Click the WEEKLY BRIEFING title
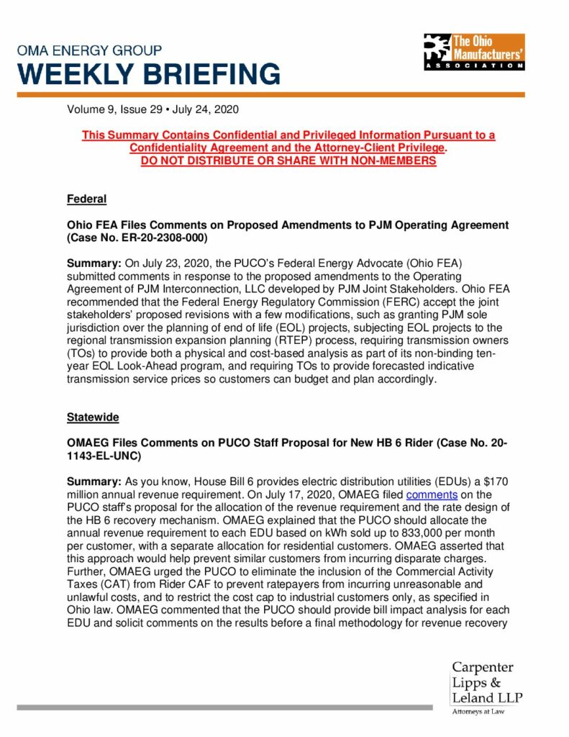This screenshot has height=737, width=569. pos(149,74)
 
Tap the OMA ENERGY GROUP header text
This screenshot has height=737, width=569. pos(89,51)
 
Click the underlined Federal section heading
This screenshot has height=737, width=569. pos(87,199)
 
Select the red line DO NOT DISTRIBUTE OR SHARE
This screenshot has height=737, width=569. pos(288,160)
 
